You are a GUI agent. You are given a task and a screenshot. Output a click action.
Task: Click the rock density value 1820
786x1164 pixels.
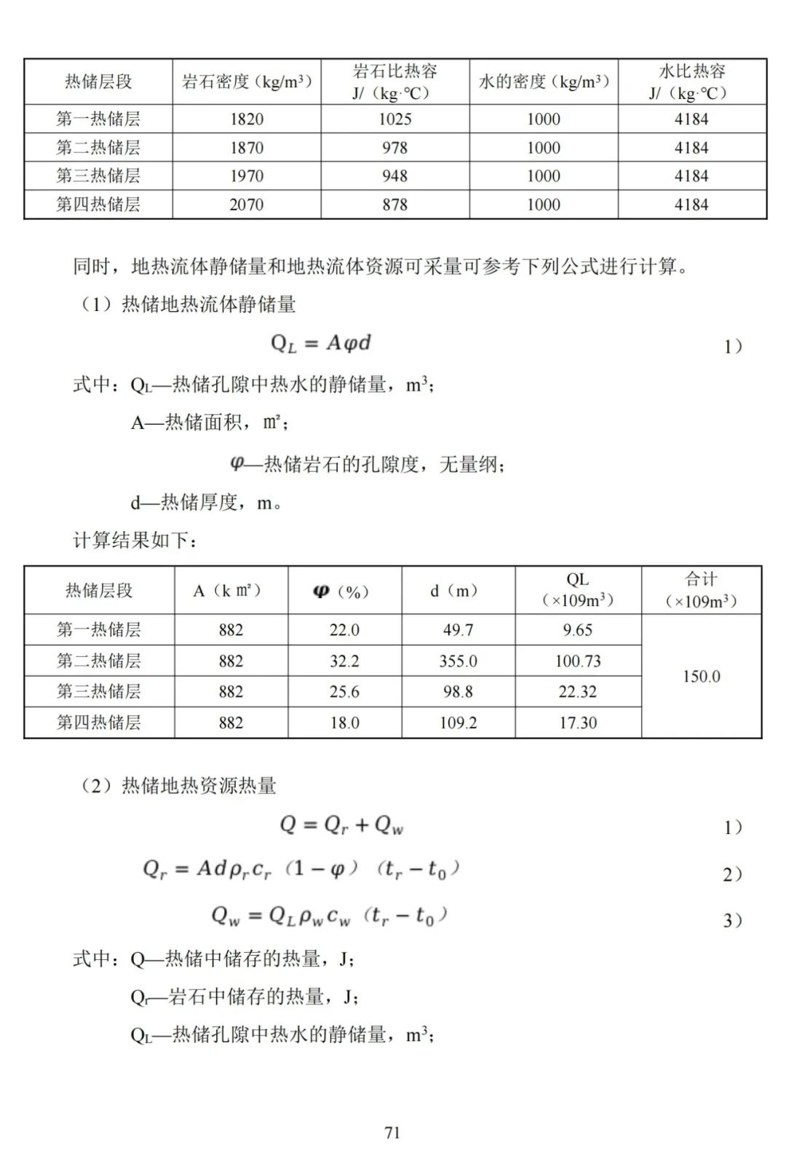click(x=247, y=119)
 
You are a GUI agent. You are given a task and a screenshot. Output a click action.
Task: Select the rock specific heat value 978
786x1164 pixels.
click(x=395, y=148)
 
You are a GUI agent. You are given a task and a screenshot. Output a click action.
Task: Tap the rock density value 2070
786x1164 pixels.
click(x=247, y=205)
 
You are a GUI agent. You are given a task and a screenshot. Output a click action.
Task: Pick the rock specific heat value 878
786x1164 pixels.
click(x=395, y=205)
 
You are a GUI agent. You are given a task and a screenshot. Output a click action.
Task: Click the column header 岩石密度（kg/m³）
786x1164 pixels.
click(x=247, y=82)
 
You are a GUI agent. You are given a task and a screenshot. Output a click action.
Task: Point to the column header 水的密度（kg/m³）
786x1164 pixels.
click(x=544, y=82)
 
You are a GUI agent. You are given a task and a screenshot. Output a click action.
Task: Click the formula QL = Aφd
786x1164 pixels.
click(x=321, y=343)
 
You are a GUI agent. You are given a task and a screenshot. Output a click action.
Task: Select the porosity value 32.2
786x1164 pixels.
click(x=344, y=661)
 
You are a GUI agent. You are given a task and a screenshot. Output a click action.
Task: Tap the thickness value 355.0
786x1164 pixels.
click(x=458, y=661)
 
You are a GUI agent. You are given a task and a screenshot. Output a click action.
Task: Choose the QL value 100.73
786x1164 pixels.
click(x=578, y=661)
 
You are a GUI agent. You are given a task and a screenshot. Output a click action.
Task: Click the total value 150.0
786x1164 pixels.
click(x=701, y=677)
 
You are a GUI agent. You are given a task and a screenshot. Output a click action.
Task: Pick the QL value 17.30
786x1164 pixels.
click(x=578, y=723)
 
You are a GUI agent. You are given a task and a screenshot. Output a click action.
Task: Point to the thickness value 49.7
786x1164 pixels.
click(x=458, y=630)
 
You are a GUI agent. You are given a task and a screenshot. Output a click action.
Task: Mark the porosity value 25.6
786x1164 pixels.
click(x=344, y=692)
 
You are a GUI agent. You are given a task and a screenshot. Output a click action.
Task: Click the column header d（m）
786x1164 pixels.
click(x=458, y=591)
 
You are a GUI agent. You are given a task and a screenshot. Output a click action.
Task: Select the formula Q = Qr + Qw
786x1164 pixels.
click(x=341, y=825)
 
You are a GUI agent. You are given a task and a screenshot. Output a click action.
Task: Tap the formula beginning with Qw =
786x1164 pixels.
click(x=329, y=916)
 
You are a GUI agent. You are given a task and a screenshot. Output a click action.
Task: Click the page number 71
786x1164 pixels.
click(x=392, y=1133)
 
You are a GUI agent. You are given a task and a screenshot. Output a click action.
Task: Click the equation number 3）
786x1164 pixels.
click(x=732, y=921)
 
